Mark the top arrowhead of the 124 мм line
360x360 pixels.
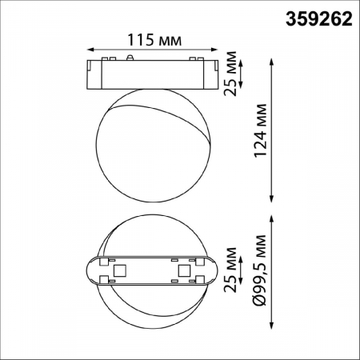pyautogui.click(x=274, y=59)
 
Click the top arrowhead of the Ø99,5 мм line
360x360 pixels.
pyautogui.click(x=274, y=218)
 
